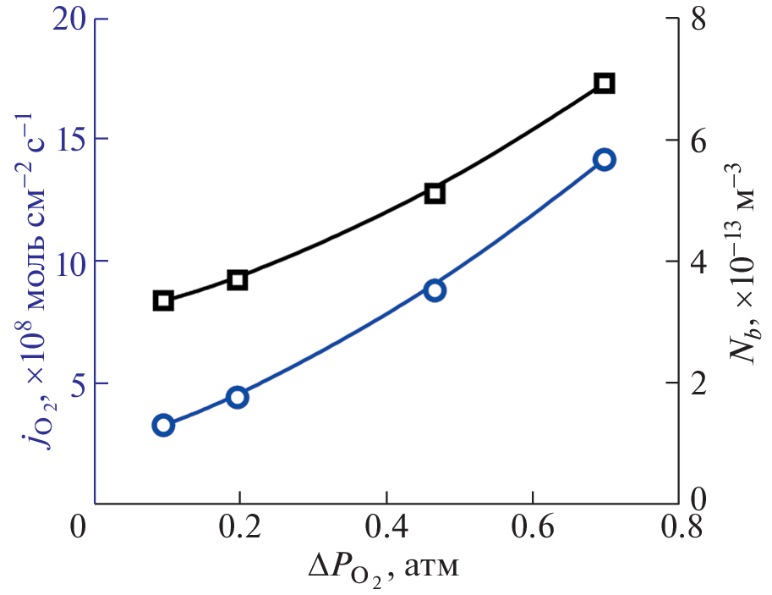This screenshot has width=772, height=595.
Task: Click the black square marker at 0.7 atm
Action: pyautogui.click(x=604, y=83)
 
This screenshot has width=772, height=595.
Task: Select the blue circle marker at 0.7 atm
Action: pyautogui.click(x=604, y=160)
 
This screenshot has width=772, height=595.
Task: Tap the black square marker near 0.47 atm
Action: pyautogui.click(x=435, y=193)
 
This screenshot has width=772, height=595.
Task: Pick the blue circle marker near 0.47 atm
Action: pyautogui.click(x=435, y=290)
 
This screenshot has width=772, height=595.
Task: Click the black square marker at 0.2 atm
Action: pyautogui.click(x=238, y=280)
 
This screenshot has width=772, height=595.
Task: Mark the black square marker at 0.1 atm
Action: pyautogui.click(x=164, y=300)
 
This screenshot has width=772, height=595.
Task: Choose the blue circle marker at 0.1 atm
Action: pyautogui.click(x=163, y=425)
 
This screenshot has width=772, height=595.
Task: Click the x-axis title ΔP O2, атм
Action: pyautogui.click(x=385, y=570)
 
